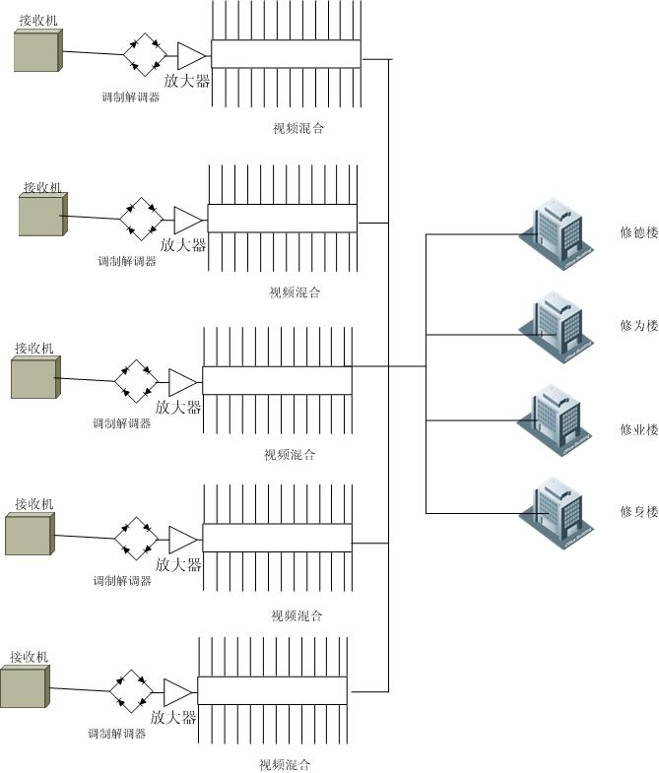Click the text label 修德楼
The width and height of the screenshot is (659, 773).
point(638,233)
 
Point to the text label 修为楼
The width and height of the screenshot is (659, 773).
point(638,326)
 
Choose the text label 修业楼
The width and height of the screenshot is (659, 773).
point(638,429)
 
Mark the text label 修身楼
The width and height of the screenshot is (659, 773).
point(638,511)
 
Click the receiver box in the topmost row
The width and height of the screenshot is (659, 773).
point(38,50)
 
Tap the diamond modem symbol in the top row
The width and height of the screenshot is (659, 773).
point(145,54)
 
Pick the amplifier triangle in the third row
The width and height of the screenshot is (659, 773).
point(183,381)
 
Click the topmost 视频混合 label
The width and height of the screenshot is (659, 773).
point(298,128)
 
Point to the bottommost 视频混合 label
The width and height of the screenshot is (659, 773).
point(285,765)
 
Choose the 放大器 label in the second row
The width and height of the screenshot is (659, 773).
point(184,245)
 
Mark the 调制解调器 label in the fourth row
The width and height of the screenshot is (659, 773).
point(122,581)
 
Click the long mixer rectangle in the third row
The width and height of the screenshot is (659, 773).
point(277,380)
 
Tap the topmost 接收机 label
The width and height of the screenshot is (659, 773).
point(38,20)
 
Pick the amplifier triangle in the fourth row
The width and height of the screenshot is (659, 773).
point(183,540)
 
